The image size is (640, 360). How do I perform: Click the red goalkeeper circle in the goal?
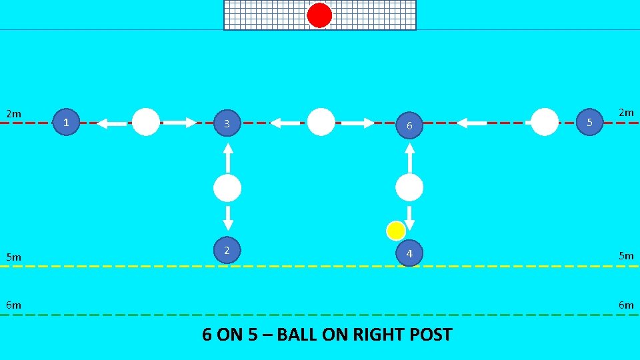(x=319, y=15)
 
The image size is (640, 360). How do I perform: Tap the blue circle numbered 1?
(x=66, y=122)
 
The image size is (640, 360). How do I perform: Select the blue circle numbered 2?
(x=227, y=250)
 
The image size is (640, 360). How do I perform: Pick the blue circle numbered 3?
(x=227, y=123)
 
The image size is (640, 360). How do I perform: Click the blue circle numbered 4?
(x=409, y=253)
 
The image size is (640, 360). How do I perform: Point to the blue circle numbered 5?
(x=589, y=122)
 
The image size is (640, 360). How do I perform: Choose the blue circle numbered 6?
(x=410, y=125)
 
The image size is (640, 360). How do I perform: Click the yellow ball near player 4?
(x=395, y=231)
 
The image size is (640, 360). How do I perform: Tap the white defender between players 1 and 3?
(x=146, y=122)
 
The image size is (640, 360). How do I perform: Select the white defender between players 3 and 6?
(x=321, y=122)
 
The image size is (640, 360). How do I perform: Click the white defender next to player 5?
(x=545, y=122)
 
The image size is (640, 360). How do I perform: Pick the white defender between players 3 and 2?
(x=227, y=189)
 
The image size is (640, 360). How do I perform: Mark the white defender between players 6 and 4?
(x=409, y=188)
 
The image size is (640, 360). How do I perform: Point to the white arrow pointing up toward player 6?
(x=410, y=157)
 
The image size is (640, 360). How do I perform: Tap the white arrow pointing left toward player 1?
(x=111, y=123)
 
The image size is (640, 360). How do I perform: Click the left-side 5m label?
(x=14, y=257)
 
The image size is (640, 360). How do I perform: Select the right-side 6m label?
(x=626, y=305)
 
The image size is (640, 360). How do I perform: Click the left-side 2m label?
(x=14, y=113)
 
